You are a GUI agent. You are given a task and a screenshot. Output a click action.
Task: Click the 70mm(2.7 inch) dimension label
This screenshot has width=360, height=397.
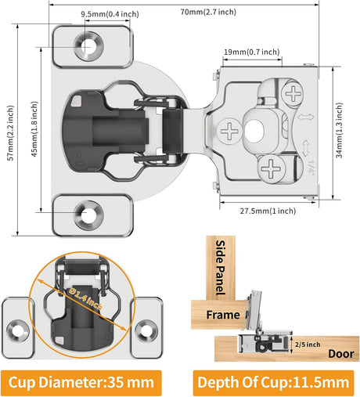click(x=208, y=12)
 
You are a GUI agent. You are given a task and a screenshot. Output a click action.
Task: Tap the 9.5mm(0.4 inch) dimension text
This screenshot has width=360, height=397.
click(x=110, y=14)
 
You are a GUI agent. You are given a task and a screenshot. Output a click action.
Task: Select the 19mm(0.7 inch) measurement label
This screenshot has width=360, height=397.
click(x=252, y=52)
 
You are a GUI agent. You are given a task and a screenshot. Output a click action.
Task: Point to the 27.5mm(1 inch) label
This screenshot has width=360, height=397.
click(x=268, y=211)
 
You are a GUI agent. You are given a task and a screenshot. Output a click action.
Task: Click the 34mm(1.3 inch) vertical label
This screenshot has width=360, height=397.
click(x=339, y=130)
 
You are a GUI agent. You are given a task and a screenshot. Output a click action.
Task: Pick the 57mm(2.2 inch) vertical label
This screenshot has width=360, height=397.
click(x=10, y=133)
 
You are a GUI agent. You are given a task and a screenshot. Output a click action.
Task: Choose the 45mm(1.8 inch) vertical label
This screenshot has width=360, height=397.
click(x=34, y=129)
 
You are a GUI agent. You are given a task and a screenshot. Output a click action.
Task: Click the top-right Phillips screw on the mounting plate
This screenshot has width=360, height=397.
click(x=293, y=94)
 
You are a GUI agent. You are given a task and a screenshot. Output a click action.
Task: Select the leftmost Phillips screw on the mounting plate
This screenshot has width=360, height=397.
click(x=229, y=131)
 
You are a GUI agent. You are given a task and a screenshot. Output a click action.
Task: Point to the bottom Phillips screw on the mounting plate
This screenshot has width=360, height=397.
click(x=272, y=168)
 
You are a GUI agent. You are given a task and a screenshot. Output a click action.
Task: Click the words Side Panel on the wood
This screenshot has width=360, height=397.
click(x=220, y=268)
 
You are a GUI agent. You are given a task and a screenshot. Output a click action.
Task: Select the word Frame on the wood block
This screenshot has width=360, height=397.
click(x=223, y=315)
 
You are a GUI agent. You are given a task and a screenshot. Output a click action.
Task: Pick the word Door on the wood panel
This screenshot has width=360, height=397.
click(x=341, y=354)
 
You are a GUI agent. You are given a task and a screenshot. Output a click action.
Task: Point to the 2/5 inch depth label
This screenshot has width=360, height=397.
click(x=308, y=345)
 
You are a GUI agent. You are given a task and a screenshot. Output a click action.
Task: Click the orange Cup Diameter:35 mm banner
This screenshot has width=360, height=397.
click(x=81, y=383)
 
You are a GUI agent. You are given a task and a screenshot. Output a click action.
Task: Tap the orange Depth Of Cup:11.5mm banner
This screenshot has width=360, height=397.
click(x=273, y=383)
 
